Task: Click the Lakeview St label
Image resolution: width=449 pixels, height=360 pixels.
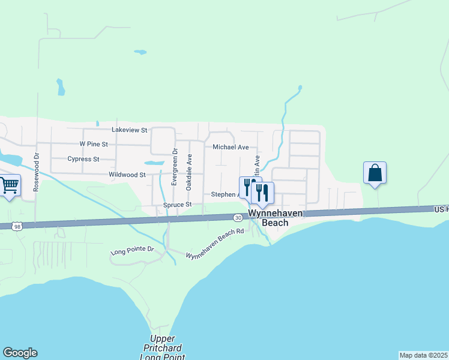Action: tap(129, 130)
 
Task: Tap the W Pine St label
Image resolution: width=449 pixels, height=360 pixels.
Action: tap(94, 145)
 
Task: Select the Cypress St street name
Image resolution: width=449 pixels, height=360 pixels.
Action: tap(83, 160)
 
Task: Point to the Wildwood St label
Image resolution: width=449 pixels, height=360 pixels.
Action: tap(127, 175)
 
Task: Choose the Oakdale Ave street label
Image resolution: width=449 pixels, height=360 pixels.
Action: tap(189, 172)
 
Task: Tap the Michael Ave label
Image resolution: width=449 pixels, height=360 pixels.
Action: tap(231, 147)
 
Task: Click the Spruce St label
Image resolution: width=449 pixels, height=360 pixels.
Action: tap(177, 205)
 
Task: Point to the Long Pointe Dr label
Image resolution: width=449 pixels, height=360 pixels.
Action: tap(133, 250)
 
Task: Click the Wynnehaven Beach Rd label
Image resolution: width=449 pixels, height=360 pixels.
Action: tap(215, 244)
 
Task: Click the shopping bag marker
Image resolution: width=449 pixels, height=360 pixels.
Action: tap(375, 173)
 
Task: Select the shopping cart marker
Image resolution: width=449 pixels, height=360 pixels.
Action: tap(9, 185)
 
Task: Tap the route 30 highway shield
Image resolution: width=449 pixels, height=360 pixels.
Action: tap(238, 217)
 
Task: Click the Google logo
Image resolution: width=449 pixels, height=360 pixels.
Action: tap(20, 353)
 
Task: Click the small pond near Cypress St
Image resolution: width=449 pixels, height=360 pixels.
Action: tap(153, 163)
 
